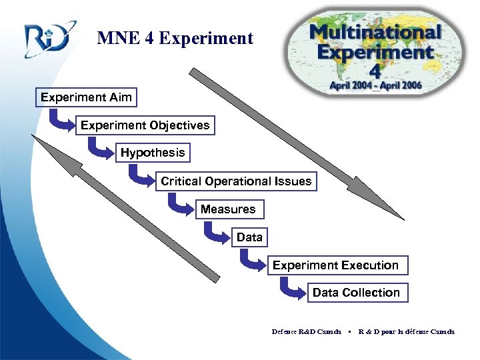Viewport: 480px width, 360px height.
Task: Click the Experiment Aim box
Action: pyautogui.click(x=86, y=97)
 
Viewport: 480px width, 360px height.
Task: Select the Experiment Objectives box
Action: pyautogui.click(x=145, y=125)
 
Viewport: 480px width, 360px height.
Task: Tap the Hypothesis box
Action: pyautogui.click(x=153, y=153)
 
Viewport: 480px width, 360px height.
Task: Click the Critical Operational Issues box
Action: pyautogui.click(x=235, y=181)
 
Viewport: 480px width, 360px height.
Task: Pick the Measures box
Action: pyautogui.click(x=228, y=209)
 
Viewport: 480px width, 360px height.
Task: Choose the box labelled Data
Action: pyautogui.click(x=249, y=237)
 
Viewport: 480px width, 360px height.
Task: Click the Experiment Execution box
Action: pyautogui.click(x=335, y=265)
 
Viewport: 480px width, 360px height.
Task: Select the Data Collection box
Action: pyautogui.click(x=356, y=293)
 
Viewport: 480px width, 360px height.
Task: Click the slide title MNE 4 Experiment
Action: pyautogui.click(x=175, y=39)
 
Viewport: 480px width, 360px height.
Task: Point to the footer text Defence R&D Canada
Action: pyautogui.click(x=306, y=331)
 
